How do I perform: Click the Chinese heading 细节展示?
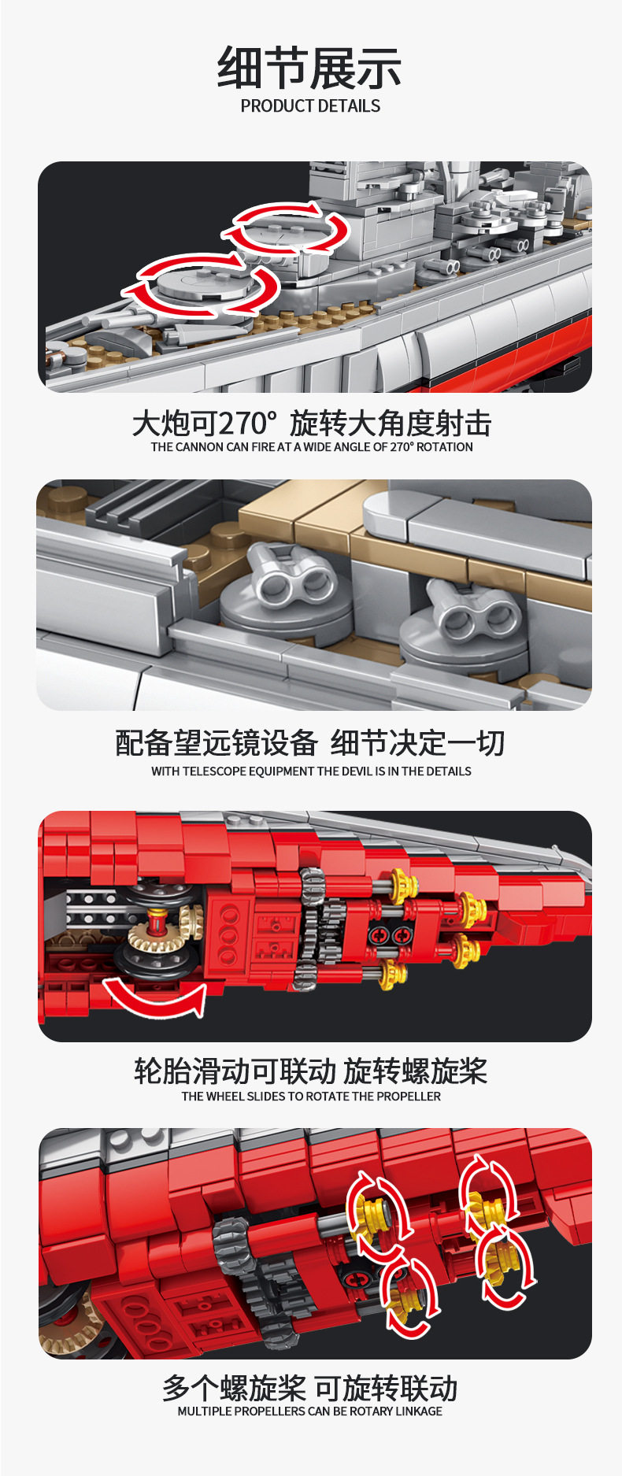pyautogui.click(x=309, y=68)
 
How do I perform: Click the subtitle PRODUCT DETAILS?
pyautogui.click(x=310, y=106)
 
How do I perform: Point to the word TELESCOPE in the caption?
pyautogui.click(x=214, y=771)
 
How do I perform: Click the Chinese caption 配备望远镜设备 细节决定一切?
pyautogui.click(x=310, y=742)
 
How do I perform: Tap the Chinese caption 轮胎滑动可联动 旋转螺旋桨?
pyautogui.click(x=310, y=1071)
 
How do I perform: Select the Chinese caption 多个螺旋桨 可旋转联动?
pyautogui.click(x=310, y=1387)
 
